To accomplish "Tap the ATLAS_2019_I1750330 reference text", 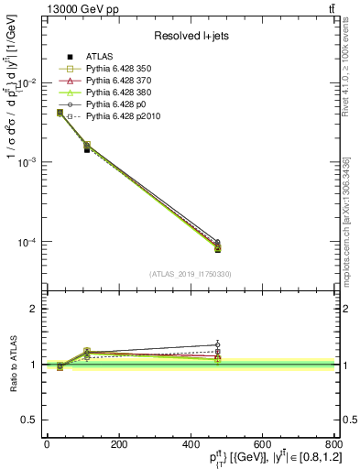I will [190, 274].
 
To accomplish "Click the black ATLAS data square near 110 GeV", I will [87, 149].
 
